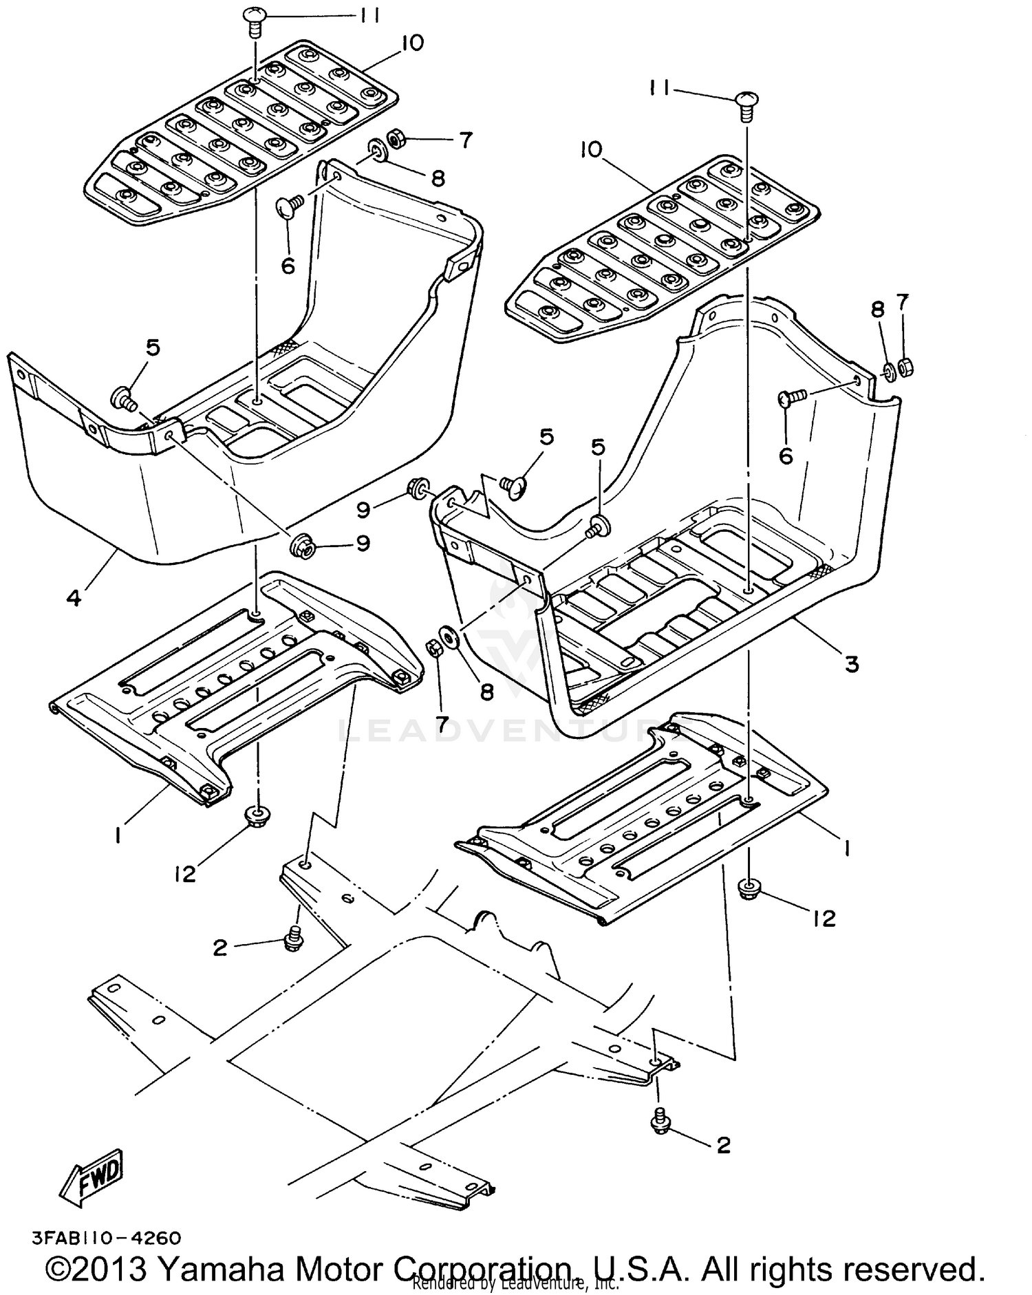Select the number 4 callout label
click(x=74, y=597)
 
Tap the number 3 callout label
click(x=852, y=664)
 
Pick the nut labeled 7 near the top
click(x=396, y=139)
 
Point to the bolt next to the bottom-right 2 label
click(x=660, y=1123)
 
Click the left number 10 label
click(x=412, y=43)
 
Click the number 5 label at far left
click(x=152, y=347)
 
